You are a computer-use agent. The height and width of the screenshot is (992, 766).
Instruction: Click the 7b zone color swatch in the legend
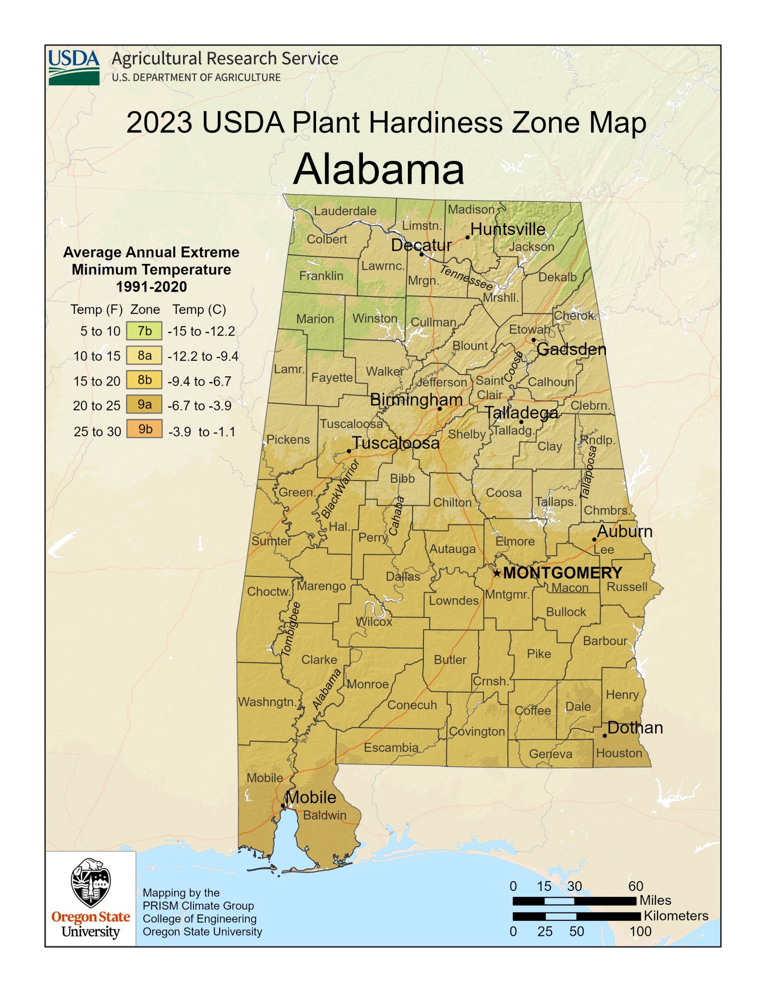(144, 331)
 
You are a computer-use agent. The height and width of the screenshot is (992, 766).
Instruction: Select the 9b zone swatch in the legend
(144, 429)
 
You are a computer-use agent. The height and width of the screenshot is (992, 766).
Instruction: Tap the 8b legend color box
(144, 380)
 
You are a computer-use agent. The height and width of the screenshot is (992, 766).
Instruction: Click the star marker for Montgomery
(497, 573)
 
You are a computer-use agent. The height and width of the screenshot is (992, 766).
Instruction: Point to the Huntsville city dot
(467, 237)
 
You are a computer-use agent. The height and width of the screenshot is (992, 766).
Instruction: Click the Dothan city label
(635, 728)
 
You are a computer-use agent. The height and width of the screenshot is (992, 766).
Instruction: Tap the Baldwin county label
(325, 815)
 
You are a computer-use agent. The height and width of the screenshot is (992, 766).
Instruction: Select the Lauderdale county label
(345, 211)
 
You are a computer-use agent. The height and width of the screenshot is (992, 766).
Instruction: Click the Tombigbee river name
(291, 629)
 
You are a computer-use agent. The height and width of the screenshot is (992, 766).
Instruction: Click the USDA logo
(74, 67)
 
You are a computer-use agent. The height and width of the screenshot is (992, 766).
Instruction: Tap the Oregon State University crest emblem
(90, 883)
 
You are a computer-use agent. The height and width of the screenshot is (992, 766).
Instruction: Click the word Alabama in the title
(378, 169)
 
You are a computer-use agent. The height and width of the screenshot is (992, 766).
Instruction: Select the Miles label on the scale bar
(655, 900)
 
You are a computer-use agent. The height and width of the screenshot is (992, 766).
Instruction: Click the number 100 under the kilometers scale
(640, 931)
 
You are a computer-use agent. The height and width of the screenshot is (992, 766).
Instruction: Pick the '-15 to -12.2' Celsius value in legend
(201, 331)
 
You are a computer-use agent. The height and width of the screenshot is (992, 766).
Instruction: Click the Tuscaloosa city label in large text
(395, 443)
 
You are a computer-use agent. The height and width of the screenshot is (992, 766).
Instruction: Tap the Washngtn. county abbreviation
(267, 702)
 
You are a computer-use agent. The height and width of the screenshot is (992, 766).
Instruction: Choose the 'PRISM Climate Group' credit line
(198, 905)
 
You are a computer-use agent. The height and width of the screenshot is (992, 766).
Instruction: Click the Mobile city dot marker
(283, 806)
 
